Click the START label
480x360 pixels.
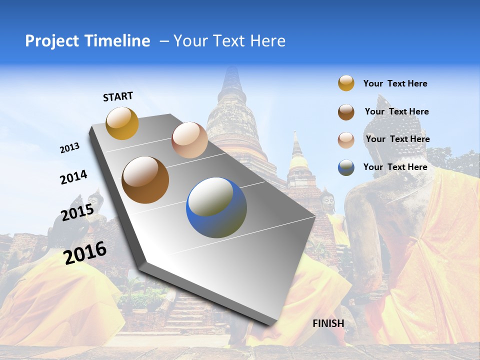pyautogui.click(x=118, y=96)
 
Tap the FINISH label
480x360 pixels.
pyautogui.click(x=328, y=323)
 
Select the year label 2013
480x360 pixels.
pyautogui.click(x=70, y=148)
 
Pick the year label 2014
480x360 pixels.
pyautogui.click(x=73, y=177)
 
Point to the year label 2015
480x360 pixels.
pyautogui.click(x=77, y=212)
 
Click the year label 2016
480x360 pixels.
pyautogui.click(x=85, y=252)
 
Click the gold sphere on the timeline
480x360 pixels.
pyautogui.click(x=122, y=123)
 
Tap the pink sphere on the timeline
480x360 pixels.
pyautogui.click(x=189, y=140)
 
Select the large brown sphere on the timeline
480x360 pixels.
pyautogui.click(x=145, y=180)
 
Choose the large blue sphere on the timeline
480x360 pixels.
pyautogui.click(x=216, y=207)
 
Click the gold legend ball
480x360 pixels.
pyautogui.click(x=346, y=83)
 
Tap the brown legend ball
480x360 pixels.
pyautogui.click(x=346, y=112)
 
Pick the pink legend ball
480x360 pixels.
pyautogui.click(x=346, y=140)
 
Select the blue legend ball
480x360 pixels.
pyautogui.click(x=346, y=167)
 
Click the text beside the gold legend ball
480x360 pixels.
pyautogui.click(x=395, y=84)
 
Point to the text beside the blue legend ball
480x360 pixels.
pyautogui.click(x=395, y=167)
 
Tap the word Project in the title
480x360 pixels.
pyautogui.click(x=51, y=41)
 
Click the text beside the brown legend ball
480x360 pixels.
pyautogui.click(x=396, y=111)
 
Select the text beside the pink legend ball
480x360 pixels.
pyautogui.click(x=397, y=139)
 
